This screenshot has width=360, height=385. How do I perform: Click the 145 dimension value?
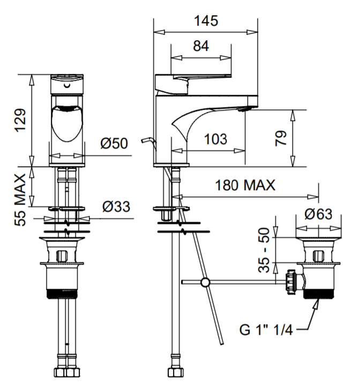coord(206,21)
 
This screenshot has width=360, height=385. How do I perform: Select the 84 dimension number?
coord(201,46)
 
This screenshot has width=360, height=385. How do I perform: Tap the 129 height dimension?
coord(20,120)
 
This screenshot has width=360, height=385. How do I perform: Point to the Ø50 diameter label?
coord(114,143)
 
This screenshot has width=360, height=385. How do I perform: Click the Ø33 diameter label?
coord(116,207)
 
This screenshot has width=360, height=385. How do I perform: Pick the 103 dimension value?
coord(216,139)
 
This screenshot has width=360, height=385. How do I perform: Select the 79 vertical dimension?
coord(281,139)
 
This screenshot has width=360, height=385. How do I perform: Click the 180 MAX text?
coord(245,185)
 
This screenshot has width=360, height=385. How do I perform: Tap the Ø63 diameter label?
coord(319,214)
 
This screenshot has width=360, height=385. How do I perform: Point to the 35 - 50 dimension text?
coord(264,250)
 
